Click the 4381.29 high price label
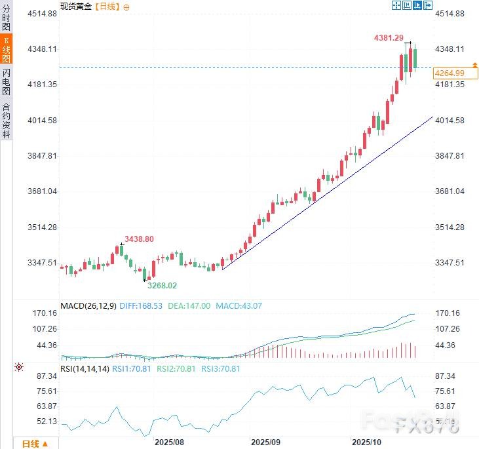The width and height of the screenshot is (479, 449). click(x=389, y=38)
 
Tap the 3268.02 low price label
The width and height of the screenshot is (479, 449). click(x=162, y=286)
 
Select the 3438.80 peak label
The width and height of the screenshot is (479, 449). click(x=139, y=239)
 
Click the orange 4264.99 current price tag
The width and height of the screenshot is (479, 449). click(x=450, y=73)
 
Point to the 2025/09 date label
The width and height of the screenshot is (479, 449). click(x=265, y=443)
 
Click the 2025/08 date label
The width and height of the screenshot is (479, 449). click(x=168, y=443)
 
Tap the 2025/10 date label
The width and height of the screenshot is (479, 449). click(x=366, y=443)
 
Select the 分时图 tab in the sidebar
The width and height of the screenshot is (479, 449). click(x=6, y=18)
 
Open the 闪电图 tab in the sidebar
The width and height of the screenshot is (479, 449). click(x=6, y=82)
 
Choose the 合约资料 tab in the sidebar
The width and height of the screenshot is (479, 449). click(x=6, y=121)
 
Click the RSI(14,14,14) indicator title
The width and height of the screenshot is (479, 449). click(x=85, y=368)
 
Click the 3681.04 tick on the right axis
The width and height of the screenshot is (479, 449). click(x=450, y=191)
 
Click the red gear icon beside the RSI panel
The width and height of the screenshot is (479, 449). click(x=19, y=368)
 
